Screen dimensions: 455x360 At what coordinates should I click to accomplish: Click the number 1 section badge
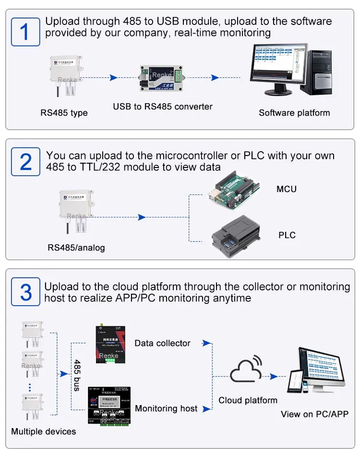click(x=25, y=31)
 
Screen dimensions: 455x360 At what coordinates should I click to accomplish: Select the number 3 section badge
click(x=25, y=291)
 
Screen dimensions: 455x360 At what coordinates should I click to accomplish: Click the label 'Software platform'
click(x=294, y=113)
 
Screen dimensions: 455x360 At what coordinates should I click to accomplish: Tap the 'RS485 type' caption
click(x=64, y=113)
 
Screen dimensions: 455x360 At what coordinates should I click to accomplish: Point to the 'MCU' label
click(x=287, y=189)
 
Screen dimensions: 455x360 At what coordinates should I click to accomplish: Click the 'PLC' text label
click(x=287, y=235)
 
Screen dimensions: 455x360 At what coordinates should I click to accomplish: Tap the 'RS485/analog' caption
click(x=76, y=248)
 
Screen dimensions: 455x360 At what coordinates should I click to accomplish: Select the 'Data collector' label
click(x=162, y=343)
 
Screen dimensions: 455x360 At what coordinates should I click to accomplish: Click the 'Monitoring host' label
click(x=166, y=408)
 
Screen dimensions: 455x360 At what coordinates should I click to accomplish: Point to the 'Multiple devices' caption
click(x=43, y=431)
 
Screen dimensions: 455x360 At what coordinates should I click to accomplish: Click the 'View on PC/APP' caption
click(x=314, y=414)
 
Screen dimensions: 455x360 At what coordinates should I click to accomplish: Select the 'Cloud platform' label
click(x=248, y=400)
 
